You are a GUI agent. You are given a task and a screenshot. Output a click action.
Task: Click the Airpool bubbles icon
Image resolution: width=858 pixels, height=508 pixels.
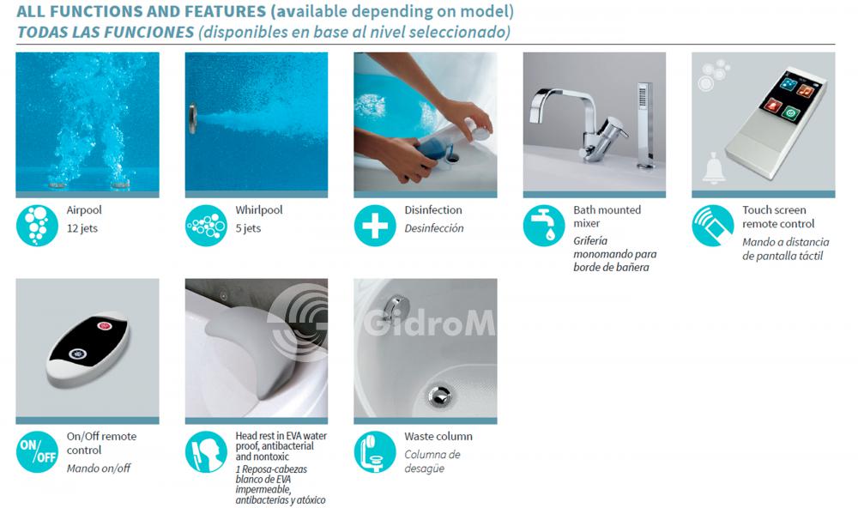click(x=37, y=226)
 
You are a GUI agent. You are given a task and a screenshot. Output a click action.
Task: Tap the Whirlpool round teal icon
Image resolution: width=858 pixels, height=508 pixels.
click(x=206, y=226)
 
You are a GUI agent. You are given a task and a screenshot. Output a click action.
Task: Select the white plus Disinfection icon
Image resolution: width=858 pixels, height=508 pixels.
click(x=375, y=226)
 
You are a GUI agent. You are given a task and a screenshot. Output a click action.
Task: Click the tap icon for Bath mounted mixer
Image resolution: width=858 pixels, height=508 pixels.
click(x=544, y=226)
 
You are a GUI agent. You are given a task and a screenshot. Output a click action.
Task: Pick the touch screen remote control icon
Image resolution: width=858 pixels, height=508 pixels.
click(x=713, y=226)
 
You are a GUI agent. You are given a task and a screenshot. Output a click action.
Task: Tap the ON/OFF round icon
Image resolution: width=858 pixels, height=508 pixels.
click(x=37, y=452)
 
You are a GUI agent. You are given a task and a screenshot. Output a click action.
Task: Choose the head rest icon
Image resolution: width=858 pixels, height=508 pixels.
click(x=206, y=452)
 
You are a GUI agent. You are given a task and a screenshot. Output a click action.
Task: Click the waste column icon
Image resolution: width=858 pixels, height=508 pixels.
click(x=375, y=452)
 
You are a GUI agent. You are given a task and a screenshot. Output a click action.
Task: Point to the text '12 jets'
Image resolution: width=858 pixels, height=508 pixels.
click(x=82, y=228)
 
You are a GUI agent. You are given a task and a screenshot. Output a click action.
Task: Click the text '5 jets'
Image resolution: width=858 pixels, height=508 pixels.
click(x=248, y=228)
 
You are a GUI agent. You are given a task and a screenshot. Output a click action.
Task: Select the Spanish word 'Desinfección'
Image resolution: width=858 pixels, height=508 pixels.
click(x=434, y=228)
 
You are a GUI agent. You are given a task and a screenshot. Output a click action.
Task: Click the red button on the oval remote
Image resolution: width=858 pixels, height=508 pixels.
click(x=104, y=326)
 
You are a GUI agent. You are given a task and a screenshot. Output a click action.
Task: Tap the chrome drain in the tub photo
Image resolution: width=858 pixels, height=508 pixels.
click(x=439, y=396)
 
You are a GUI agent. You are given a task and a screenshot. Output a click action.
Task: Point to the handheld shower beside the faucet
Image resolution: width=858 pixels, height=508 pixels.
click(x=645, y=124)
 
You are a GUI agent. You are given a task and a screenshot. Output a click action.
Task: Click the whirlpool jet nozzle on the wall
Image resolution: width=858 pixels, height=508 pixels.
click(x=192, y=118)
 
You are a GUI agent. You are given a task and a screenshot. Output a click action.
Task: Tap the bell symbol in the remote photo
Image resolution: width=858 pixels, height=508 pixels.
click(x=714, y=168)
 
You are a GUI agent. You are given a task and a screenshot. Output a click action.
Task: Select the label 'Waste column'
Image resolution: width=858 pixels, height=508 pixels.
click(x=438, y=436)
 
